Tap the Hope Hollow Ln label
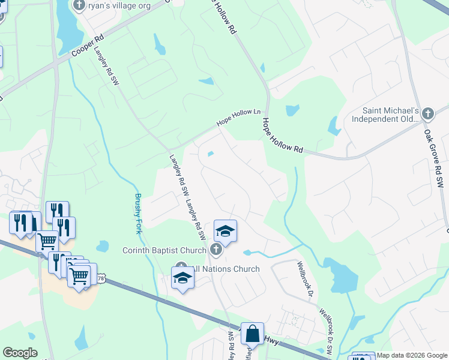[241, 117]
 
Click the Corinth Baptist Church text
[164, 250]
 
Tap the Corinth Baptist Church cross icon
[216, 250]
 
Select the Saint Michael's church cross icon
[427, 113]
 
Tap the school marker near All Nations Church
[182, 277]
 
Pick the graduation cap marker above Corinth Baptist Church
[225, 231]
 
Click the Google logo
[20, 353]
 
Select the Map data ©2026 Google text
[412, 355]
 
